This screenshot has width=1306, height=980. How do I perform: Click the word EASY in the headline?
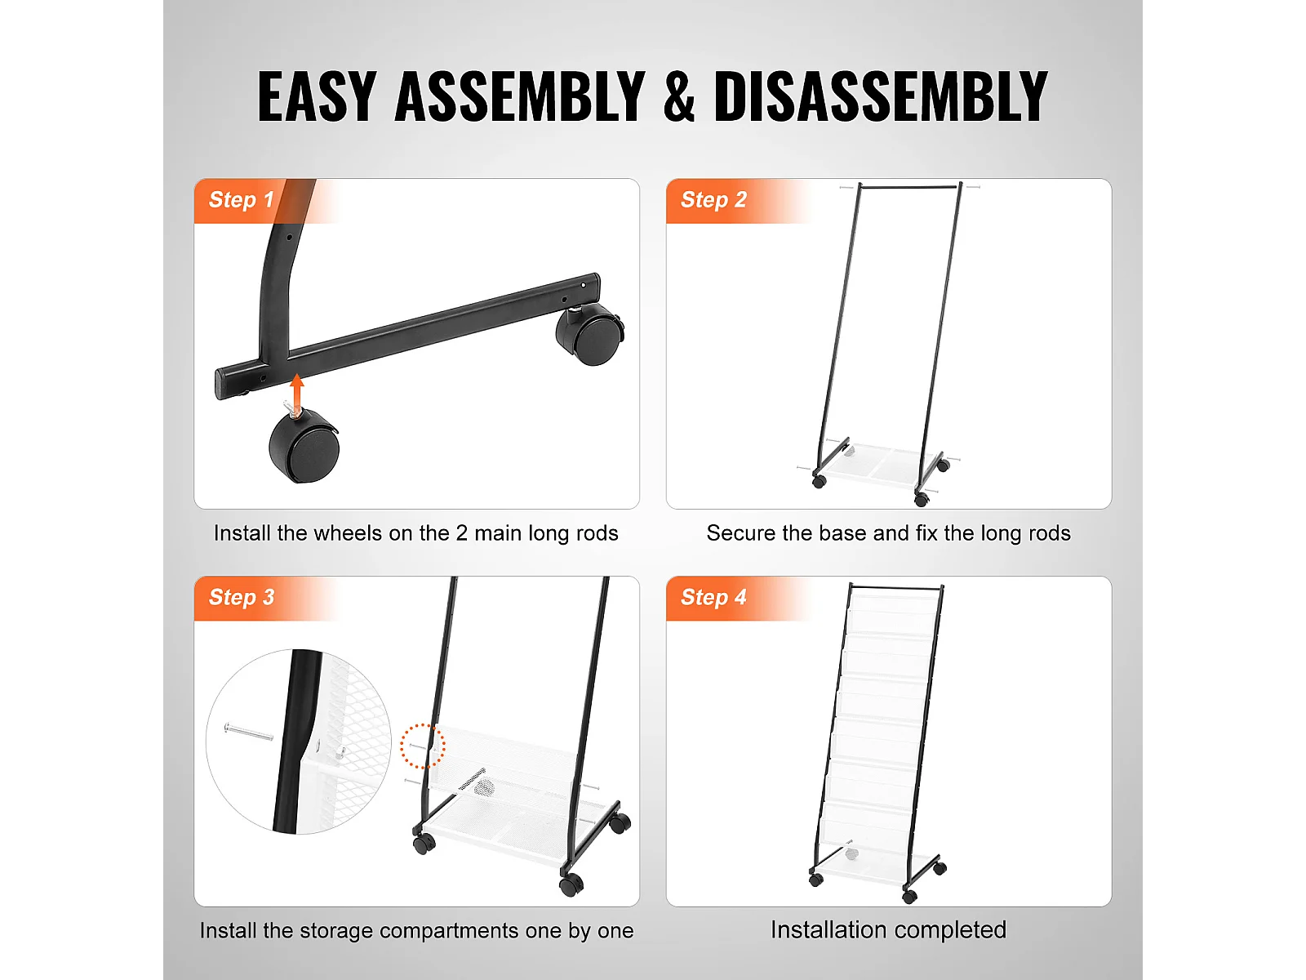317,96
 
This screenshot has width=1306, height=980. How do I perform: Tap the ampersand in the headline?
679,96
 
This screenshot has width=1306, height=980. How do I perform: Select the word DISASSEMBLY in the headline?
881,96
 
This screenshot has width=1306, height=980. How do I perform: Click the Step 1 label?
241,199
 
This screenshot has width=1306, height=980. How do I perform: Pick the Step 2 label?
713,199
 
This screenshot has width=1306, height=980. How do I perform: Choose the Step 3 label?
242,597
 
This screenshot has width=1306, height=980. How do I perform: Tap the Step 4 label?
713,597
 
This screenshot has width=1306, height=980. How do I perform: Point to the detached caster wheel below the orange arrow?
304,445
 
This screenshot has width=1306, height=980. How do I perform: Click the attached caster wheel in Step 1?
589,333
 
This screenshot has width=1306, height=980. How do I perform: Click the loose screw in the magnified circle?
249,732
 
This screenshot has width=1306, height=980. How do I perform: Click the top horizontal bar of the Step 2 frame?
909,187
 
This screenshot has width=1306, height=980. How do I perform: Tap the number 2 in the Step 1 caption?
461,533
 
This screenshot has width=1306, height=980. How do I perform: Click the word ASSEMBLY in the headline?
519,96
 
